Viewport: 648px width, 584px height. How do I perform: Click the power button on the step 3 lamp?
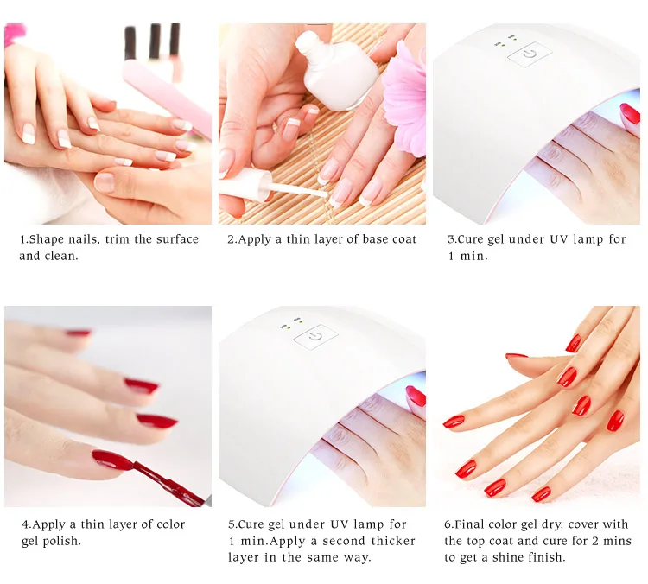click(530, 54)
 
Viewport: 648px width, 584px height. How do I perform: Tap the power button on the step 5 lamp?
click(315, 336)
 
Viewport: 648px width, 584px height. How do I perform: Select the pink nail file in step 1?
click(168, 97)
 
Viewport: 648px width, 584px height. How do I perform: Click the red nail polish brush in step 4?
click(169, 483)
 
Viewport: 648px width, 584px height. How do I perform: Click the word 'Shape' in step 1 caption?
click(47, 239)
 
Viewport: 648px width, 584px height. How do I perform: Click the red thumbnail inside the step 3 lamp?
click(630, 114)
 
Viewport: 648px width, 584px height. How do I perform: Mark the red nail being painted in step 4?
click(113, 460)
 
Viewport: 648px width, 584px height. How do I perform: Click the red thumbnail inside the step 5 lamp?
click(416, 397)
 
